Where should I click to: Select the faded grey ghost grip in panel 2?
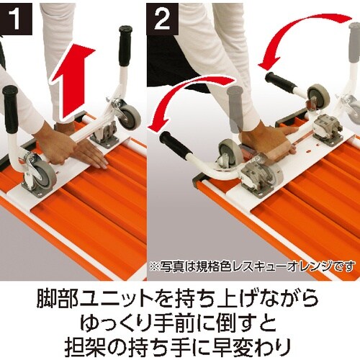[x=235, y=101]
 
